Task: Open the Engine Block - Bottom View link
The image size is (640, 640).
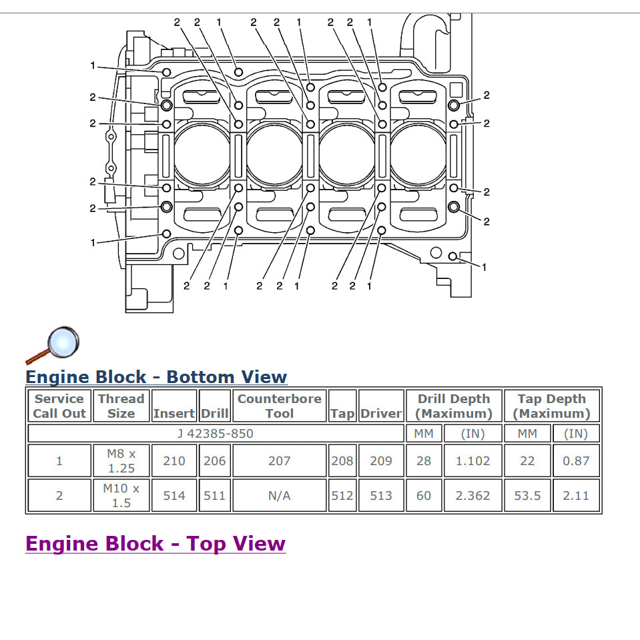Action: pos(156,377)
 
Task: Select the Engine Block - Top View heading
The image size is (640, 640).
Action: pos(155,544)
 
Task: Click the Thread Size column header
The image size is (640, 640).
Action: pos(121,406)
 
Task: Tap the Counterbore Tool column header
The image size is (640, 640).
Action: pos(279,406)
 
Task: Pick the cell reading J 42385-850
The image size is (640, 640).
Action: pos(215,433)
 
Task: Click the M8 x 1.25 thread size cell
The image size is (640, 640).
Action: pos(121,460)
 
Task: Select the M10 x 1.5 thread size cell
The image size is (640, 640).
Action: pos(121,496)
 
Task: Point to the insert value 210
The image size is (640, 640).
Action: pos(174,460)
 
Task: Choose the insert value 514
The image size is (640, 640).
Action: pos(174,496)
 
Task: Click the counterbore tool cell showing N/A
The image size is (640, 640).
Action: pos(279,496)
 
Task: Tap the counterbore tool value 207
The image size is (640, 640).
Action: pos(279,460)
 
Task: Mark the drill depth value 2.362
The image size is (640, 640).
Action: pos(473,496)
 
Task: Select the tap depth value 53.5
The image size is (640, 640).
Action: pos(527,496)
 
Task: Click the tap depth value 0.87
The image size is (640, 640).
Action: pos(576,460)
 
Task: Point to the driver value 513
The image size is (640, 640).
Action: pos(381,496)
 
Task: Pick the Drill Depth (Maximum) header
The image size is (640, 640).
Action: pos(454,406)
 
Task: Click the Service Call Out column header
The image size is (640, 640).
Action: pos(59,406)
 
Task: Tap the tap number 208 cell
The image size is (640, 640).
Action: pos(342,460)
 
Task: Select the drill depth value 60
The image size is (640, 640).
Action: pos(424,496)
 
